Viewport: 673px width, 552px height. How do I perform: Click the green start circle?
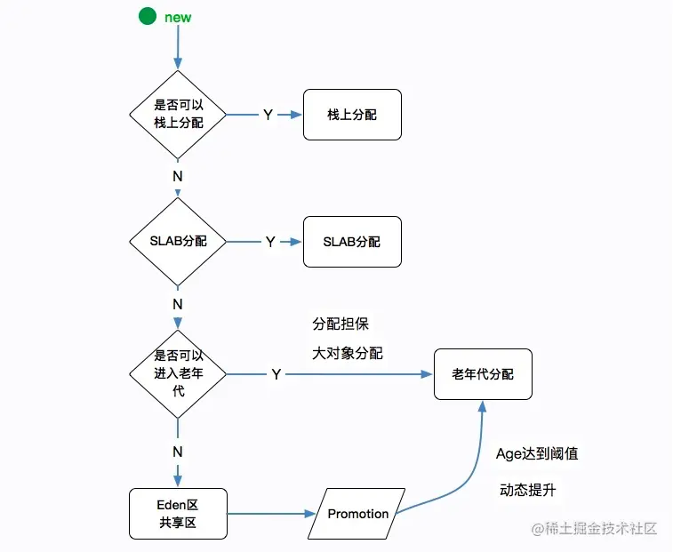click(x=148, y=16)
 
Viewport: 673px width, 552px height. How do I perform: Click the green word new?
click(x=178, y=18)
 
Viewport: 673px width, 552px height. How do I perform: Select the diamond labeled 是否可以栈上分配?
click(x=178, y=115)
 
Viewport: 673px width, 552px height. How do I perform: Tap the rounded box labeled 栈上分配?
click(x=352, y=115)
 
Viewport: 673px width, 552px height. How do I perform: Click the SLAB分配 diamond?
click(x=178, y=242)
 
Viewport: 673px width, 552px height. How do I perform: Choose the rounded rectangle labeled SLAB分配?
click(x=352, y=242)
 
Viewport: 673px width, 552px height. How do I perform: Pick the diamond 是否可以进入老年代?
click(x=178, y=374)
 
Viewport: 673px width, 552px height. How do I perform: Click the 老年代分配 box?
click(x=483, y=374)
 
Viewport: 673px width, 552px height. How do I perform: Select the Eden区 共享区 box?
click(x=178, y=514)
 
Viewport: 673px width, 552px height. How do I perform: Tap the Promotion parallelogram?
click(x=357, y=514)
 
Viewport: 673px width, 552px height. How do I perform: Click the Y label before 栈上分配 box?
click(x=268, y=115)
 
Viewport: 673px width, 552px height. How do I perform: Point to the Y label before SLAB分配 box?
click(x=270, y=242)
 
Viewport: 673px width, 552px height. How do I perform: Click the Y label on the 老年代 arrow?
click(x=276, y=374)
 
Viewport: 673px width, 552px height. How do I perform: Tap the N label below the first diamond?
click(x=178, y=176)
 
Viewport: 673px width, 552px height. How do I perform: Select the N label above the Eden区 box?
click(x=178, y=452)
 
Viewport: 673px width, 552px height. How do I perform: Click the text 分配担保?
click(x=341, y=324)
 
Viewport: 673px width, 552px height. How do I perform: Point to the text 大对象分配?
click(x=348, y=353)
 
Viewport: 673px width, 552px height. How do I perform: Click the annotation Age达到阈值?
click(x=537, y=453)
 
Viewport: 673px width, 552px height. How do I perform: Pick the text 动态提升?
click(x=528, y=490)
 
